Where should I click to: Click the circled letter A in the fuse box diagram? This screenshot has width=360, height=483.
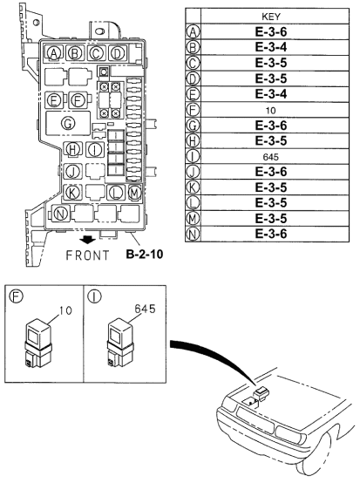tap(54, 53)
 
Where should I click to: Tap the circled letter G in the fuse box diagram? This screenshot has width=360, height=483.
tap(67, 124)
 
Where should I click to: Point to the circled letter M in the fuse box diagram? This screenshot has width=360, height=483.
tap(135, 192)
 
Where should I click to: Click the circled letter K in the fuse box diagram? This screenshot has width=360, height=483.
tap(74, 192)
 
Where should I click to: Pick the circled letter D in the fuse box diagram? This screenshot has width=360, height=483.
tap(116, 53)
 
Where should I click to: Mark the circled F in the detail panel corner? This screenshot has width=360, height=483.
tap(16, 294)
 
